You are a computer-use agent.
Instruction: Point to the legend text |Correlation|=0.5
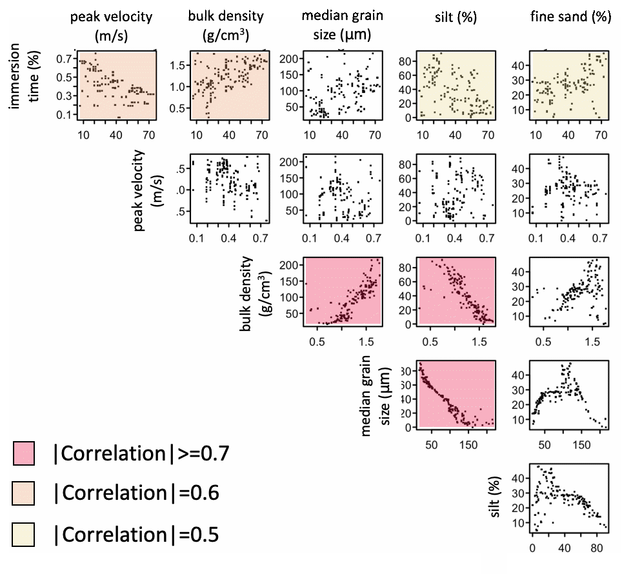136,535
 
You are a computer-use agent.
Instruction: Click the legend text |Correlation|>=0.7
141,453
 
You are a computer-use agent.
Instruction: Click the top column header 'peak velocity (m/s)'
112,25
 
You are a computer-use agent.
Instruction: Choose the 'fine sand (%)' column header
570,17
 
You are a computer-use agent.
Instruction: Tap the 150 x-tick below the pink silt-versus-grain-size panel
468,445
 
